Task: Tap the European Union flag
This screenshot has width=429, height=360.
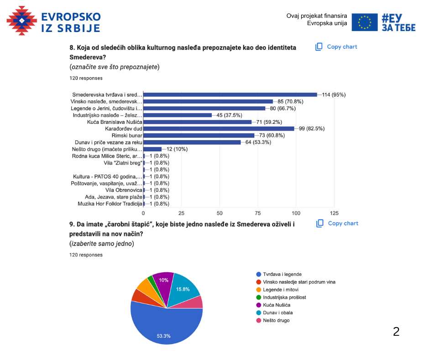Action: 365,22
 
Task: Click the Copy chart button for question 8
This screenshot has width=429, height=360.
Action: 336,47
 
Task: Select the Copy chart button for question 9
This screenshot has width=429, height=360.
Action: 337,223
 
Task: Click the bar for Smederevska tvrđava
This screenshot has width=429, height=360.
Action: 230,95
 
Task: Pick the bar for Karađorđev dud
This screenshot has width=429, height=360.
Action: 219,128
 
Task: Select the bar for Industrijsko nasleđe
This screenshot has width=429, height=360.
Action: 178,115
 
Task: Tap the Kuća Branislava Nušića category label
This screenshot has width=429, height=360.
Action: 115,122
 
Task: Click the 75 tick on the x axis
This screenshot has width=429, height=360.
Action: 258,213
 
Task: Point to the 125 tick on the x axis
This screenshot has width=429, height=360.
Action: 334,213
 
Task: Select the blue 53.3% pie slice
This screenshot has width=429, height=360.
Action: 164,329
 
